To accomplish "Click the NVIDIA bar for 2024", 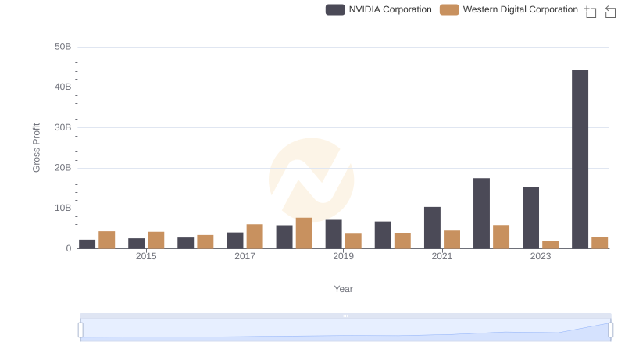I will (580, 159).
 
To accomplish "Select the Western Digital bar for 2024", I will (600, 243).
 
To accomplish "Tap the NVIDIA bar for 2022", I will (481, 213).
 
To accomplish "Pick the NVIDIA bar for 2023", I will (530, 218).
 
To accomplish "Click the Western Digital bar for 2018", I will (304, 233).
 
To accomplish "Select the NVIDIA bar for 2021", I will (432, 228).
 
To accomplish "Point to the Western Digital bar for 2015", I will (156, 241).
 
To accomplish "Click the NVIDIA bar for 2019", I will (334, 234).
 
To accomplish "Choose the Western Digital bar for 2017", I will (255, 237).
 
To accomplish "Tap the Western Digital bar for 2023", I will (551, 245).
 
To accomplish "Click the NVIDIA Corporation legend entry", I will (380, 9).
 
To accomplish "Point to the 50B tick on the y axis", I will (62, 47).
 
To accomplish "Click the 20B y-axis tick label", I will (62, 168).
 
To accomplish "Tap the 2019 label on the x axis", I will (343, 256).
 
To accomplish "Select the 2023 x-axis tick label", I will (541, 256).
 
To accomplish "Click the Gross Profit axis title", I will (36, 148).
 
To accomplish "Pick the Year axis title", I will (344, 289).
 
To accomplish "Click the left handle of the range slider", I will (80, 330).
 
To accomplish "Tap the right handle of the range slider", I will (611, 330).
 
